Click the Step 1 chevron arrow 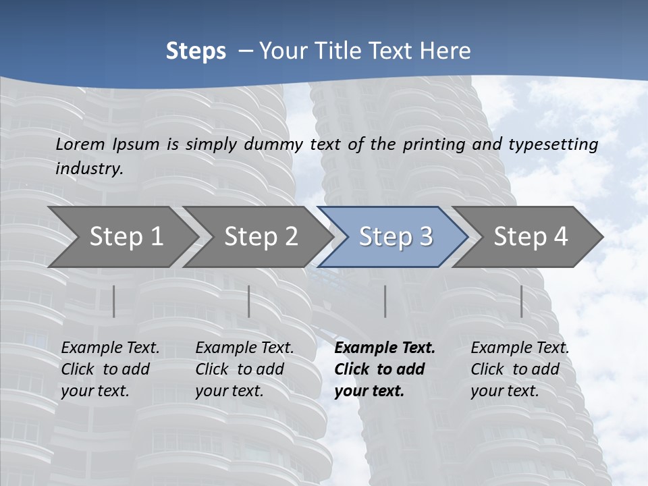pos(126,237)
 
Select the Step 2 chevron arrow pos(261,237)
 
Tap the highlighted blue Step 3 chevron pos(396,237)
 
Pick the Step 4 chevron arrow pos(531,237)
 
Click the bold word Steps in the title pos(196,51)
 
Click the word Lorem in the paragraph pos(80,144)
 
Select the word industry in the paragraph pos(89,169)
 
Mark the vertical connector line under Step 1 pos(114,301)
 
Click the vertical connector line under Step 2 pos(249,301)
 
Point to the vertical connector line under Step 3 pos(385,301)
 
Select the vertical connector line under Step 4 pos(521,301)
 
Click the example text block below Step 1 pos(110,369)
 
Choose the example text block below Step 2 pos(244,369)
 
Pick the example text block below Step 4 pos(520,369)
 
